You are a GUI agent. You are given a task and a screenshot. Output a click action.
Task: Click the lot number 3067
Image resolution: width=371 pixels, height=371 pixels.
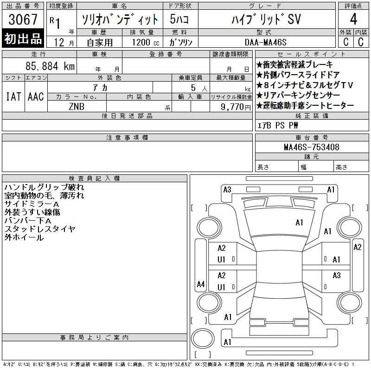tap(23, 19)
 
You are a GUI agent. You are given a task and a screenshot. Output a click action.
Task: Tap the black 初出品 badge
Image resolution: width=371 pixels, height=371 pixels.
tap(23, 38)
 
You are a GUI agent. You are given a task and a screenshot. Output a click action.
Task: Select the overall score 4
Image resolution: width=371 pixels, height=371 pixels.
tap(353, 19)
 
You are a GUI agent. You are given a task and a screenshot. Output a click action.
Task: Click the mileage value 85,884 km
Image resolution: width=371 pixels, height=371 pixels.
tap(50, 66)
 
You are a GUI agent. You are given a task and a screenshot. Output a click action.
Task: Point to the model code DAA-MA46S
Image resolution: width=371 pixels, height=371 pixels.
tap(265, 42)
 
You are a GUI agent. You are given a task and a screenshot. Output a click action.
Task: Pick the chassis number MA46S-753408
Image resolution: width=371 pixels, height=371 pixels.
tap(312, 147)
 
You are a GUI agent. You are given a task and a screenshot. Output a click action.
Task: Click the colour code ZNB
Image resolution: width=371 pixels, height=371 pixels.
tap(77, 107)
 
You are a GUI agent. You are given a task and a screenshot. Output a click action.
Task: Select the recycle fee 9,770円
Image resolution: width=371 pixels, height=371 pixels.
tap(236, 107)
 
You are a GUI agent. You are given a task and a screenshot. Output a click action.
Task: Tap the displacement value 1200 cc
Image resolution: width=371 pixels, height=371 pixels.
tap(146, 42)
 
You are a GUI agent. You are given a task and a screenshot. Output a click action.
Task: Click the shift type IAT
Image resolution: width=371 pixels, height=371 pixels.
tap(13, 96)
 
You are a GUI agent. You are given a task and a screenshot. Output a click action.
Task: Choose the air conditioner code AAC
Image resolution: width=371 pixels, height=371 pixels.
tap(36, 96)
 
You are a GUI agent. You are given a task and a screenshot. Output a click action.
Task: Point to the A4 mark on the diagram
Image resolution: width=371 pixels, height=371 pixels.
tap(201, 284)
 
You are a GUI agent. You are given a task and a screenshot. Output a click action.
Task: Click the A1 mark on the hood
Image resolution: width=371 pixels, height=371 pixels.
tap(299, 223)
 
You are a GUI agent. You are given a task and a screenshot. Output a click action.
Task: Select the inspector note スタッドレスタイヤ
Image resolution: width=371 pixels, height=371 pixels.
tap(40, 229)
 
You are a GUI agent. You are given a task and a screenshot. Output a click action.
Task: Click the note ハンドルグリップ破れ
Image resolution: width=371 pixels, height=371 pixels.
tap(44, 187)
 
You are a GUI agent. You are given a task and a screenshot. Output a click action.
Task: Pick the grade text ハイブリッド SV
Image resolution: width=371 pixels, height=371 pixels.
tap(266, 19)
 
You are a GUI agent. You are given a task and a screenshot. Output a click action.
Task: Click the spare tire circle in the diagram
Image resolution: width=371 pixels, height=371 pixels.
tap(203, 338)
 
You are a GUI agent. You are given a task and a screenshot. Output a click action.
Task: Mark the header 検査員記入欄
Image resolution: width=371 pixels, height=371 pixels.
tap(94, 178)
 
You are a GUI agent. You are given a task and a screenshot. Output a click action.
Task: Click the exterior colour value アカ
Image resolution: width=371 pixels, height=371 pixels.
tap(100, 88)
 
